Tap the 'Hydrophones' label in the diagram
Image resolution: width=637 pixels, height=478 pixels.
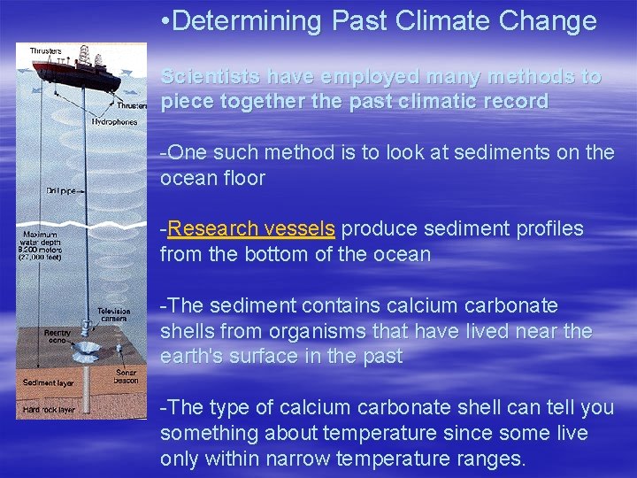point(114,121)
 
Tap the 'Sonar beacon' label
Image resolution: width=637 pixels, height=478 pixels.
point(126,377)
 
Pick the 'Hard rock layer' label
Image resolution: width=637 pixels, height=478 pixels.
point(49,410)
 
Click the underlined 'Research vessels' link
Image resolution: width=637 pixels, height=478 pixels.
point(251,229)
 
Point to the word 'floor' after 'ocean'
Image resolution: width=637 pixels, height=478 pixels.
point(245,178)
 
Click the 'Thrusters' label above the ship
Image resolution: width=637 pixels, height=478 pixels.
point(46,51)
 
